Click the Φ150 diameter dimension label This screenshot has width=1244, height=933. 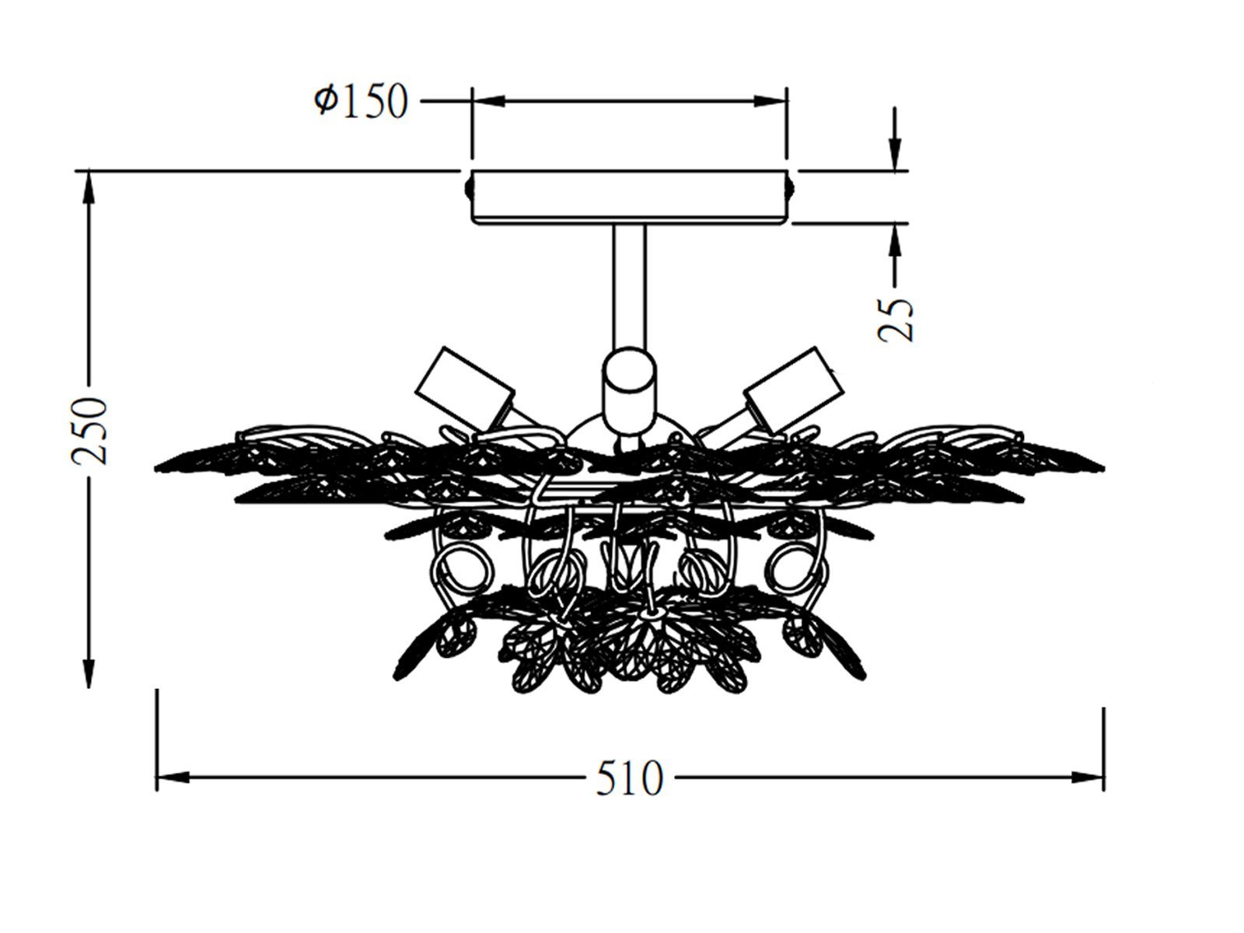tap(361, 101)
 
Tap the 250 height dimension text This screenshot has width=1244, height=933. tap(89, 431)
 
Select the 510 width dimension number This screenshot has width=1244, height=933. tap(629, 777)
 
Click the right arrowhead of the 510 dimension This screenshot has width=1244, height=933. tap(1086, 777)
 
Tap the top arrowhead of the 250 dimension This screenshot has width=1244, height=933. tap(89, 187)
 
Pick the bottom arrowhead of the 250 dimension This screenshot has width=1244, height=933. tap(89, 671)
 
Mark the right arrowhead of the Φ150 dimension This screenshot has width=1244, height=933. tap(771, 101)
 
